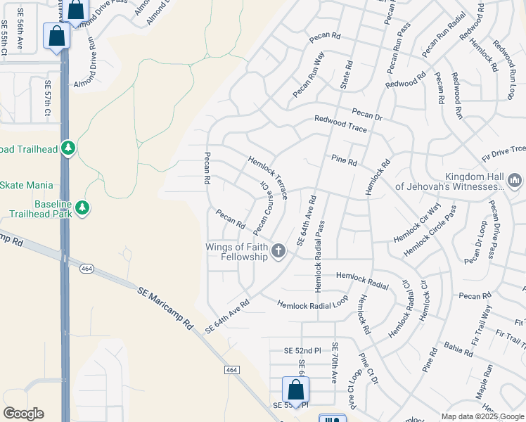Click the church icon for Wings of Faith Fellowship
(x=278, y=251)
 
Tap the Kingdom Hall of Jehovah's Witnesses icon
(x=514, y=181)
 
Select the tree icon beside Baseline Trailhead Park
(x=83, y=208)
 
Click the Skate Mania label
(x=26, y=185)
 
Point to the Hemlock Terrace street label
(x=267, y=177)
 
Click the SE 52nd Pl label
(x=302, y=350)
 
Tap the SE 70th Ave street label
(x=335, y=362)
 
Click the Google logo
(x=23, y=414)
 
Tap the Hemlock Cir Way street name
(x=417, y=223)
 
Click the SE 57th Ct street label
(x=48, y=98)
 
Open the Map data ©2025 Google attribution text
(x=483, y=416)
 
